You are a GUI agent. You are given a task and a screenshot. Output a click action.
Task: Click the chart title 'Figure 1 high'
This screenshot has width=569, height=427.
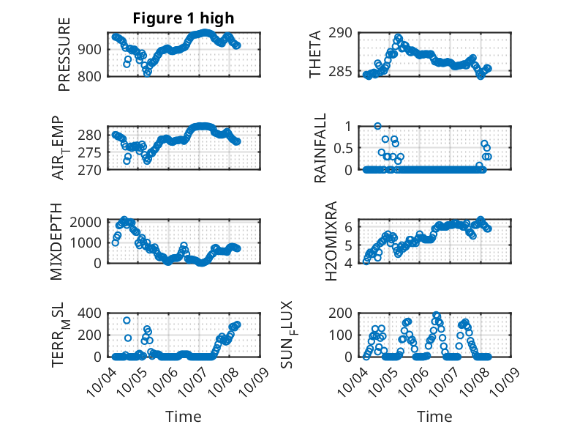click(x=183, y=18)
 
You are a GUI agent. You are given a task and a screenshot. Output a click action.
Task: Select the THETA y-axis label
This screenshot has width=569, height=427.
click(x=315, y=55)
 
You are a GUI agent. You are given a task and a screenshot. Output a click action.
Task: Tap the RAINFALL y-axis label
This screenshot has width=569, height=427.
click(x=320, y=148)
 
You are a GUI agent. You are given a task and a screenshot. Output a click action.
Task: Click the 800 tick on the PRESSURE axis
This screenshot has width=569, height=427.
click(x=92, y=76)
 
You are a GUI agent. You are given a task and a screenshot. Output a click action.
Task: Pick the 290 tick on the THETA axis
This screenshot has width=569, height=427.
click(x=344, y=32)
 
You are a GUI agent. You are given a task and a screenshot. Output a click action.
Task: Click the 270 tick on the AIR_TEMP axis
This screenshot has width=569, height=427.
click(x=92, y=169)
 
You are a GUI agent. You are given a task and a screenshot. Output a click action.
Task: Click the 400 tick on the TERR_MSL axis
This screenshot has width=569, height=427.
click(x=92, y=313)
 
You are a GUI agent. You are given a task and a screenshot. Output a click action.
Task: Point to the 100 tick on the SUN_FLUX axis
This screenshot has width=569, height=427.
click(x=344, y=335)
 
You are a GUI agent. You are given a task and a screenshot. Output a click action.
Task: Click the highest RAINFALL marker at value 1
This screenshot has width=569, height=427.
click(x=377, y=126)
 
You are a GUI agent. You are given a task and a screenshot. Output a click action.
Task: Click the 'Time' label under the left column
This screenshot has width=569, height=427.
click(x=183, y=416)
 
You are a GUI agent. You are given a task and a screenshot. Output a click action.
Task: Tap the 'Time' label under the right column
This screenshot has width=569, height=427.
click(x=434, y=416)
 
